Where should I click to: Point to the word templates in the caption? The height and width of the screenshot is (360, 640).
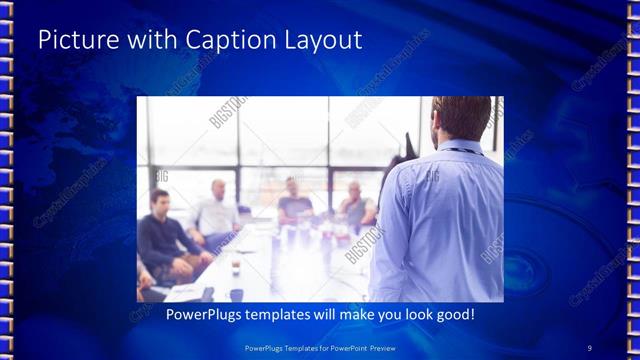point(273,314)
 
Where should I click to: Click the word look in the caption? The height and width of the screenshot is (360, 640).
point(406,314)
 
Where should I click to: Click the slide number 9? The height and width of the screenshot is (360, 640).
point(590,347)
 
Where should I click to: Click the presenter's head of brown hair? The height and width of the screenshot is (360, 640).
point(461,114)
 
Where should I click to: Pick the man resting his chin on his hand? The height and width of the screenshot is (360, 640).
point(355,205)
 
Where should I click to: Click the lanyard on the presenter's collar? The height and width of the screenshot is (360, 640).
point(459,151)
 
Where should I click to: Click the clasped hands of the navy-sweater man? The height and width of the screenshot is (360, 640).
point(190,262)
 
